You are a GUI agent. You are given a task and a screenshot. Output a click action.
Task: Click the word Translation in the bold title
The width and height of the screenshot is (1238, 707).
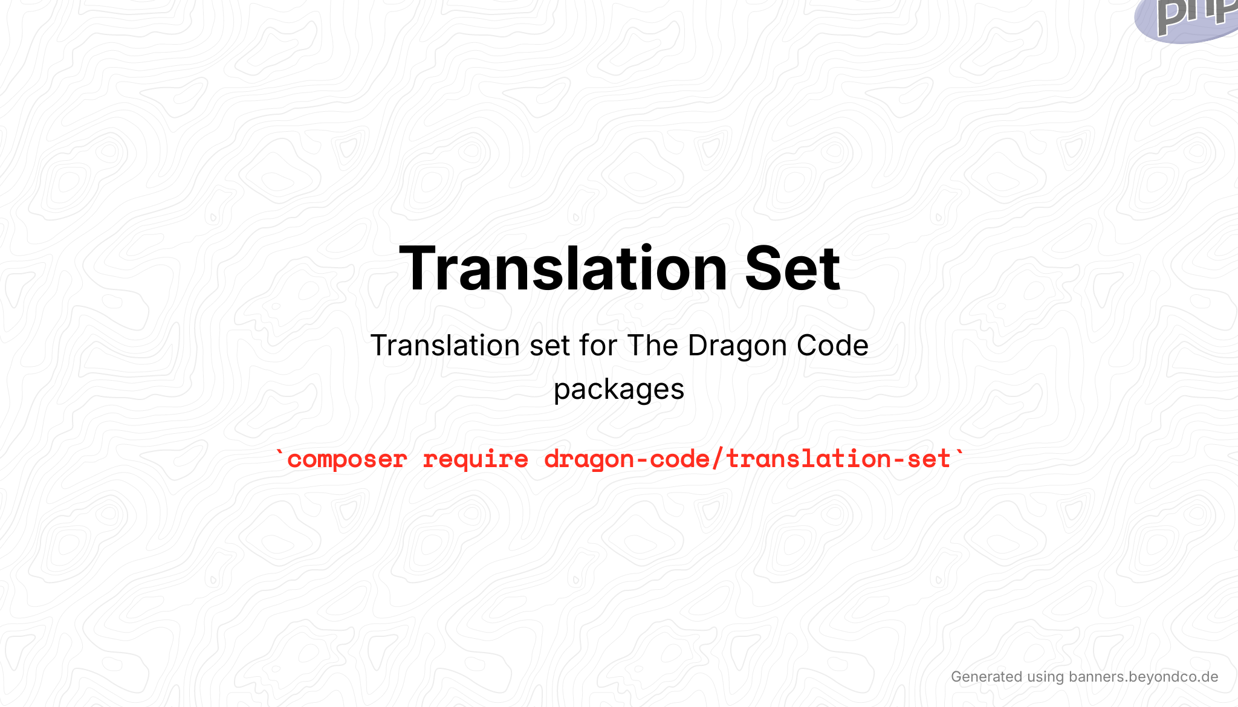(563, 268)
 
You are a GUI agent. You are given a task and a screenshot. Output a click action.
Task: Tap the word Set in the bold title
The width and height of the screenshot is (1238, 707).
(792, 268)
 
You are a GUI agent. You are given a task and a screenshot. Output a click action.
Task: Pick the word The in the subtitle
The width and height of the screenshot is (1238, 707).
(653, 346)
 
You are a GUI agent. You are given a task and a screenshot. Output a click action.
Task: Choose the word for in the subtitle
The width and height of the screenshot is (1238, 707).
(598, 346)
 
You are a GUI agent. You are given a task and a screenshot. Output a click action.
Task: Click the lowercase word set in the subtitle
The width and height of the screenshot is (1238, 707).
(549, 346)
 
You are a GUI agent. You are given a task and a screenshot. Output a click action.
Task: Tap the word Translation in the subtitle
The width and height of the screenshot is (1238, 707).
(445, 346)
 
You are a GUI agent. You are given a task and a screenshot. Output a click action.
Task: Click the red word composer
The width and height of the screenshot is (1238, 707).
(347, 459)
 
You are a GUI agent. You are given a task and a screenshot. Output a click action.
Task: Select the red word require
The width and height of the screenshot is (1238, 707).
(475, 459)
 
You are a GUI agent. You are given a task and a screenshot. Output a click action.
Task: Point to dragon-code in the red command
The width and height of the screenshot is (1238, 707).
(627, 459)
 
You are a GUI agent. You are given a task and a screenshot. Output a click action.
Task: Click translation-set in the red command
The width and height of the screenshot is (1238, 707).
(838, 459)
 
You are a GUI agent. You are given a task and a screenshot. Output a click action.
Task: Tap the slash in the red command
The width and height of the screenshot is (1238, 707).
(718, 459)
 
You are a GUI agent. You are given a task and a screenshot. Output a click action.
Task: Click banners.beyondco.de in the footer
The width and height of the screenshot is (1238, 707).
(1143, 677)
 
